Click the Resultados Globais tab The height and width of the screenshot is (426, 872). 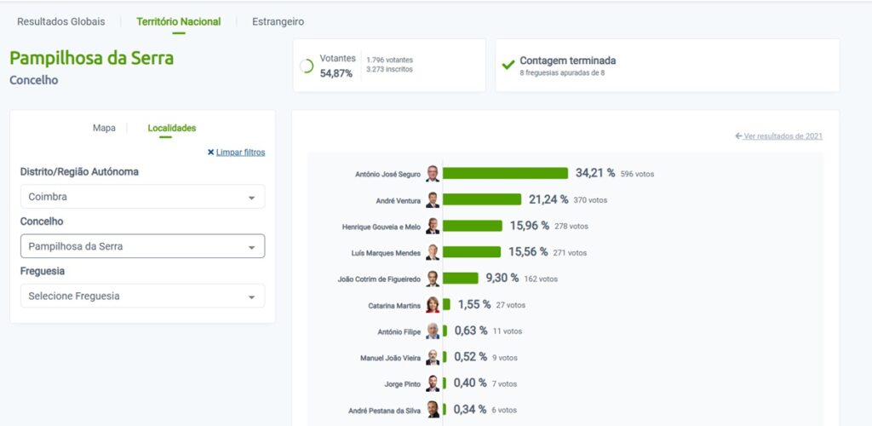tap(61, 21)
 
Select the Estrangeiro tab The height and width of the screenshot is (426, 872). tap(278, 21)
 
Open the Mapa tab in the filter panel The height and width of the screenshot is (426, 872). tap(104, 128)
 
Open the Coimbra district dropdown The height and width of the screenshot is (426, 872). tap(142, 197)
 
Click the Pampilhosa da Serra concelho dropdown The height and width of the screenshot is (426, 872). tap(142, 246)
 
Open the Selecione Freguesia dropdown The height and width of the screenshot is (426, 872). tap(142, 296)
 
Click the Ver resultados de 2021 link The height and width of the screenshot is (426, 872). tap(783, 136)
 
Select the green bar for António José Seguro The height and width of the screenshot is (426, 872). tap(505, 173)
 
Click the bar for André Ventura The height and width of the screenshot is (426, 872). tap(482, 199)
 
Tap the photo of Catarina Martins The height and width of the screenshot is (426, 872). tap(433, 305)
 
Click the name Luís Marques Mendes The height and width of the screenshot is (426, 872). tap(385, 252)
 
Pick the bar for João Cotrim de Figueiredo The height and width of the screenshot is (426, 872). tap(461, 279)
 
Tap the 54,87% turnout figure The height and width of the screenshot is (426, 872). tap(336, 73)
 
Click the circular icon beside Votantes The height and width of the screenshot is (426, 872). tap(307, 66)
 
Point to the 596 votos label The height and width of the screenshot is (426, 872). tap(637, 174)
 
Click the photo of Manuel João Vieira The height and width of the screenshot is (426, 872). tap(433, 358)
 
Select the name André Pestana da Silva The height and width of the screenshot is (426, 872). tap(384, 411)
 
